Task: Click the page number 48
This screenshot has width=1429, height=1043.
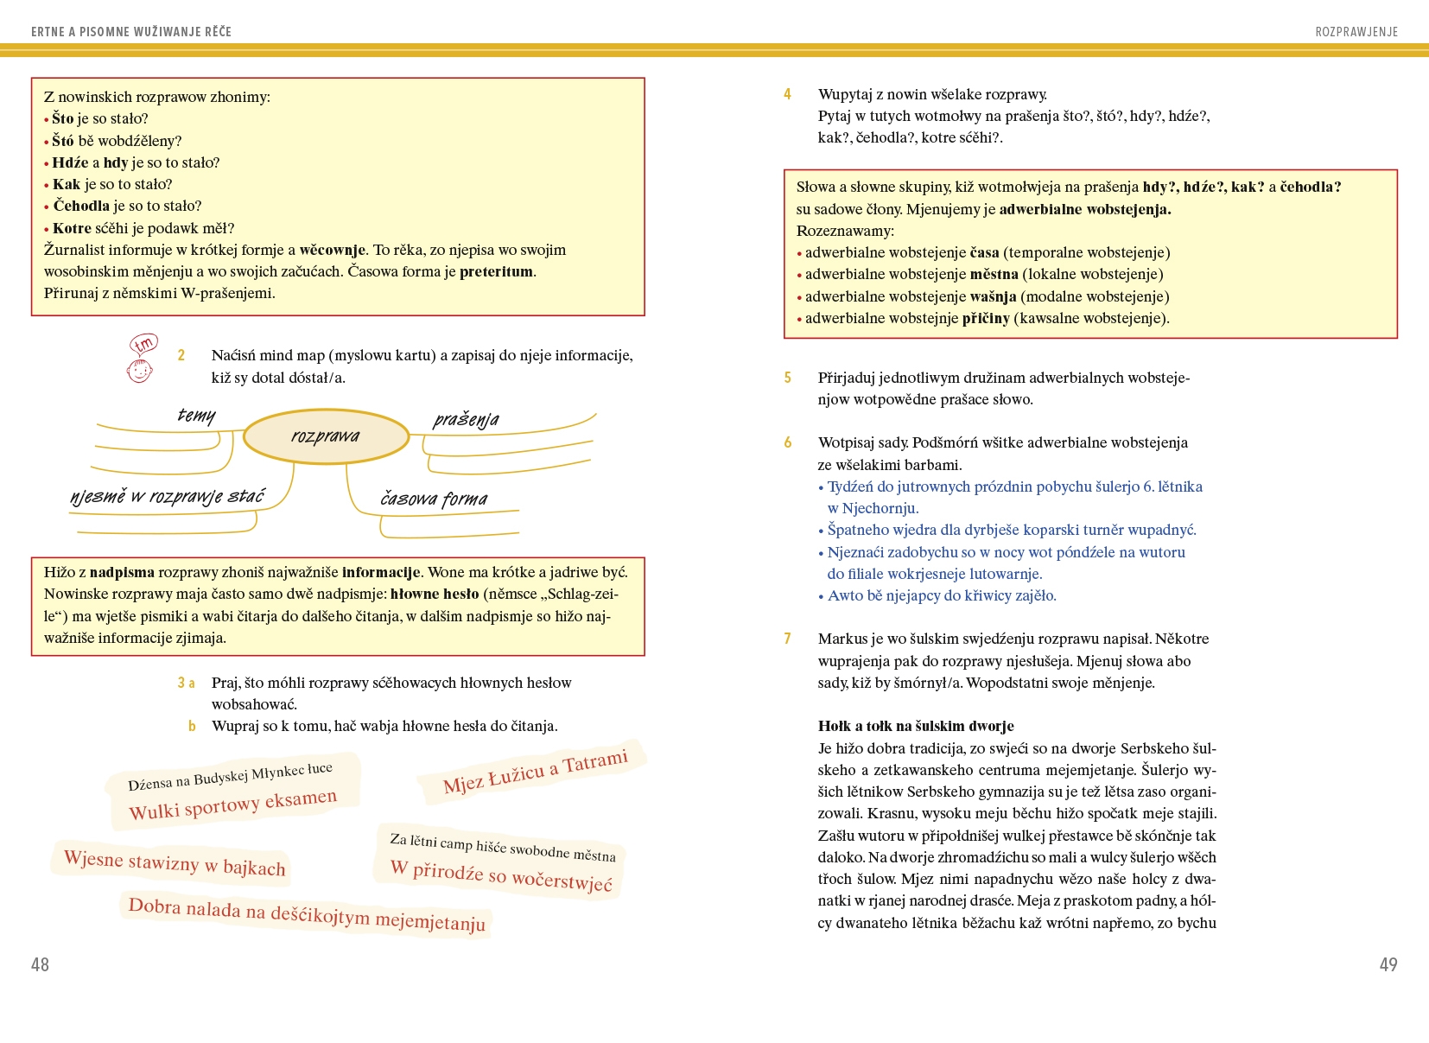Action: pyautogui.click(x=40, y=964)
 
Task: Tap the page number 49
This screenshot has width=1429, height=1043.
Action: pyautogui.click(x=1388, y=964)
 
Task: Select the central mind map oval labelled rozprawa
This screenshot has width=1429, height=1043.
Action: pyautogui.click(x=326, y=436)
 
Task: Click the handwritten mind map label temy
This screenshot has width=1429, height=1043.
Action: pyautogui.click(x=196, y=416)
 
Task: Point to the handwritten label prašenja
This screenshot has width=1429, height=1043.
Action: pyautogui.click(x=466, y=420)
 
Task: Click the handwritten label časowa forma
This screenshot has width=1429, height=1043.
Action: pyautogui.click(x=434, y=499)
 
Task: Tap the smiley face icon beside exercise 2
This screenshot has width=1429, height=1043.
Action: pyautogui.click(x=139, y=372)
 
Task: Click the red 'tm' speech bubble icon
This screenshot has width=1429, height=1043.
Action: pyautogui.click(x=144, y=344)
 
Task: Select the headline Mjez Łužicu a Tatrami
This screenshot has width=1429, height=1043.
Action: pyautogui.click(x=535, y=772)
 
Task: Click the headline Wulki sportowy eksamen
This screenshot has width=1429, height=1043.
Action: pyautogui.click(x=232, y=805)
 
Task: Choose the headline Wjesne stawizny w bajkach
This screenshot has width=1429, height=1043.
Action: pyautogui.click(x=175, y=862)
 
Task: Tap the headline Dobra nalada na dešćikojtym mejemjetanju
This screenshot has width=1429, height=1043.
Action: pyautogui.click(x=307, y=915)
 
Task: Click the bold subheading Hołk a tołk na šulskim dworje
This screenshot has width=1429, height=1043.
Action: pyautogui.click(x=916, y=726)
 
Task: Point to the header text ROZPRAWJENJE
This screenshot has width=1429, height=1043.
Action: pyautogui.click(x=1356, y=32)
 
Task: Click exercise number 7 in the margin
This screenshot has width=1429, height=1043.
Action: pyautogui.click(x=787, y=639)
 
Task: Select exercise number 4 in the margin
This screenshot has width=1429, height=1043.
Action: pyautogui.click(x=787, y=94)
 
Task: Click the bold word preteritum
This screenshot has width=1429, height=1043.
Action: pyautogui.click(x=496, y=271)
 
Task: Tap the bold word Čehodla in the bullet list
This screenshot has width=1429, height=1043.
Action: pyautogui.click(x=81, y=206)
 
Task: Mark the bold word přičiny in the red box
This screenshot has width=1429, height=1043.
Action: pyautogui.click(x=986, y=318)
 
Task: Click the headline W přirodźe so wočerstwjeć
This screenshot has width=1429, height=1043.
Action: pyautogui.click(x=501, y=875)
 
